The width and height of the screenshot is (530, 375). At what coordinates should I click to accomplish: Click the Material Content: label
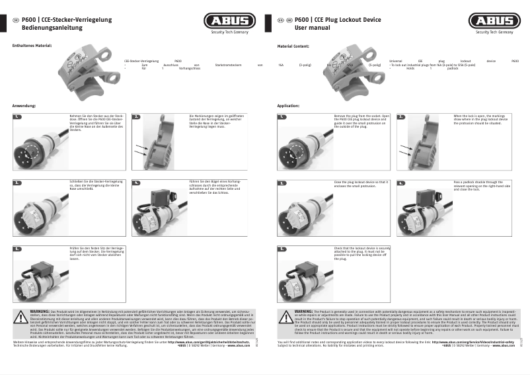pyautogui.click(x=293, y=46)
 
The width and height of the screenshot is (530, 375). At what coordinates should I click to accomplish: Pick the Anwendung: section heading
pyautogui.click(x=24, y=106)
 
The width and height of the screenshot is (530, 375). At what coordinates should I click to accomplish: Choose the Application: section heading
pyautogui.click(x=288, y=106)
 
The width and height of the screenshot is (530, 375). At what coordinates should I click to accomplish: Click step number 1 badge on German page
pyautogui.click(x=17, y=117)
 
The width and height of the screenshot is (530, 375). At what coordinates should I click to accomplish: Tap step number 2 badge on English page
pyautogui.click(x=401, y=117)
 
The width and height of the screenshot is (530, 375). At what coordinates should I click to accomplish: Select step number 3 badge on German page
pyautogui.click(x=17, y=163)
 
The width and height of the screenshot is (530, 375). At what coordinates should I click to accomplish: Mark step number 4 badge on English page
pyautogui.click(x=401, y=163)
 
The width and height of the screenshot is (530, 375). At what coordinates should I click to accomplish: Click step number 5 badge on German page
pyautogui.click(x=17, y=249)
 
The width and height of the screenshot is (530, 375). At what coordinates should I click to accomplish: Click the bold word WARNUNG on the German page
pyautogui.click(x=40, y=310)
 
